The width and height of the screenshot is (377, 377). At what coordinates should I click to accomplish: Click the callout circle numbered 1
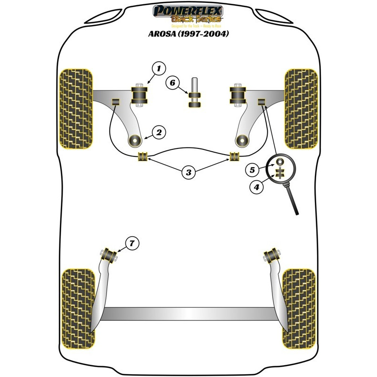pos(159,69)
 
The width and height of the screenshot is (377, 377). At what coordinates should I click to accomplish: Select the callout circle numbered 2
pos(159,133)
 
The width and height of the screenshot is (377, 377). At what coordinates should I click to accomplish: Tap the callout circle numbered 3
pos(188,172)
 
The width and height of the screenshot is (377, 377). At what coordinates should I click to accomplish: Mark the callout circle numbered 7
pos(132,244)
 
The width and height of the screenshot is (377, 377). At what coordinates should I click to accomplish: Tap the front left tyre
pos(75,108)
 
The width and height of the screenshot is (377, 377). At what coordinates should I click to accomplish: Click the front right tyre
pos(302,108)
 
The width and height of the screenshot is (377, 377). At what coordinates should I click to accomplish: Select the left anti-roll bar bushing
pos(142,156)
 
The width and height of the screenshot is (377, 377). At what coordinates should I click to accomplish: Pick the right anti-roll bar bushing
pos(234,156)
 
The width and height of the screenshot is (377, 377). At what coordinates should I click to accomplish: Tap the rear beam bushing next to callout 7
pos(111,255)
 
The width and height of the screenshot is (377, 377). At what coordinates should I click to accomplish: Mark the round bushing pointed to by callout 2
pos(136,139)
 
